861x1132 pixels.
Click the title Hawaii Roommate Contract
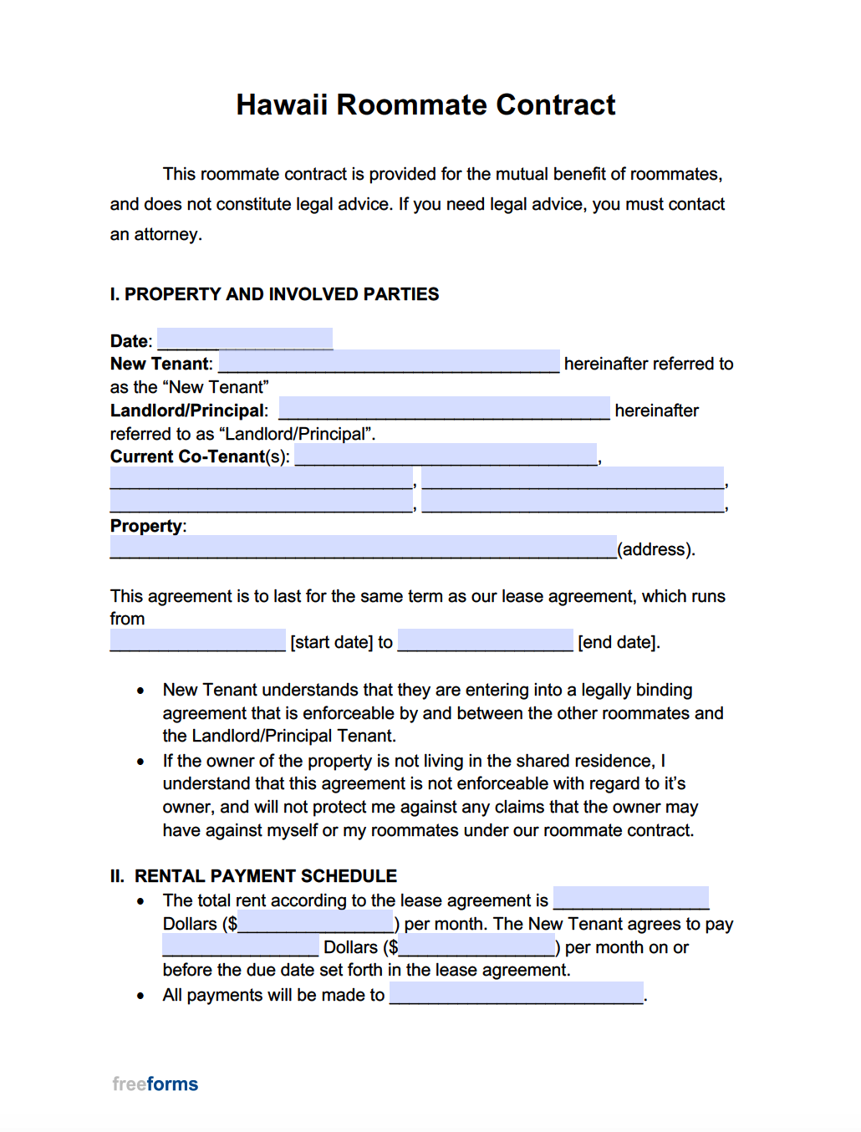pos(425,105)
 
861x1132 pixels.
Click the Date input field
pos(245,339)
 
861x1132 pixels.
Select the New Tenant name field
pos(389,362)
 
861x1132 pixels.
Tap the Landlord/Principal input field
pos(444,409)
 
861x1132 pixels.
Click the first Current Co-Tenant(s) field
pos(446,455)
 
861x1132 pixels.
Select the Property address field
pos(363,548)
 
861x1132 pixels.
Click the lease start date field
pos(197,640)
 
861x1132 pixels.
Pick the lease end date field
pos(486,640)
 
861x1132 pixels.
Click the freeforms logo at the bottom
pos(155,1084)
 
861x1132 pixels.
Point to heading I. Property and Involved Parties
pos(274,294)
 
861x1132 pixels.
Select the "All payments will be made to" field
pos(517,993)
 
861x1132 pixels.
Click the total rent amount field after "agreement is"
pos(631,899)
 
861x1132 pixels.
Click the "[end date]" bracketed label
pos(618,642)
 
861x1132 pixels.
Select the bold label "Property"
pos(146,526)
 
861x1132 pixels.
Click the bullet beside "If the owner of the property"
pos(140,762)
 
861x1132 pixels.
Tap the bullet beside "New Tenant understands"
pos(140,691)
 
